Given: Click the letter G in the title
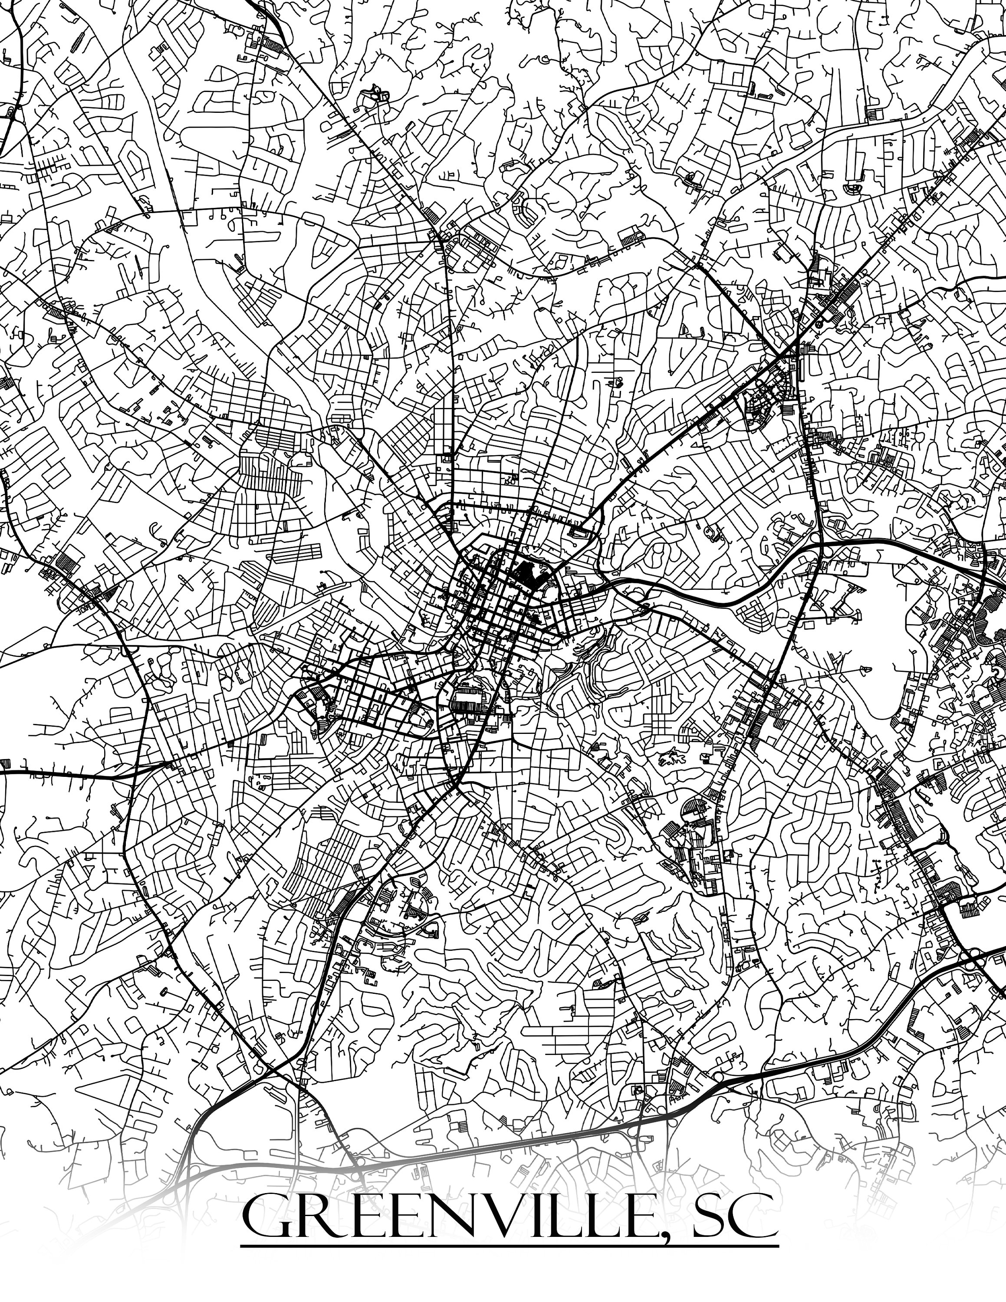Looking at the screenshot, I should click(263, 1216).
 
